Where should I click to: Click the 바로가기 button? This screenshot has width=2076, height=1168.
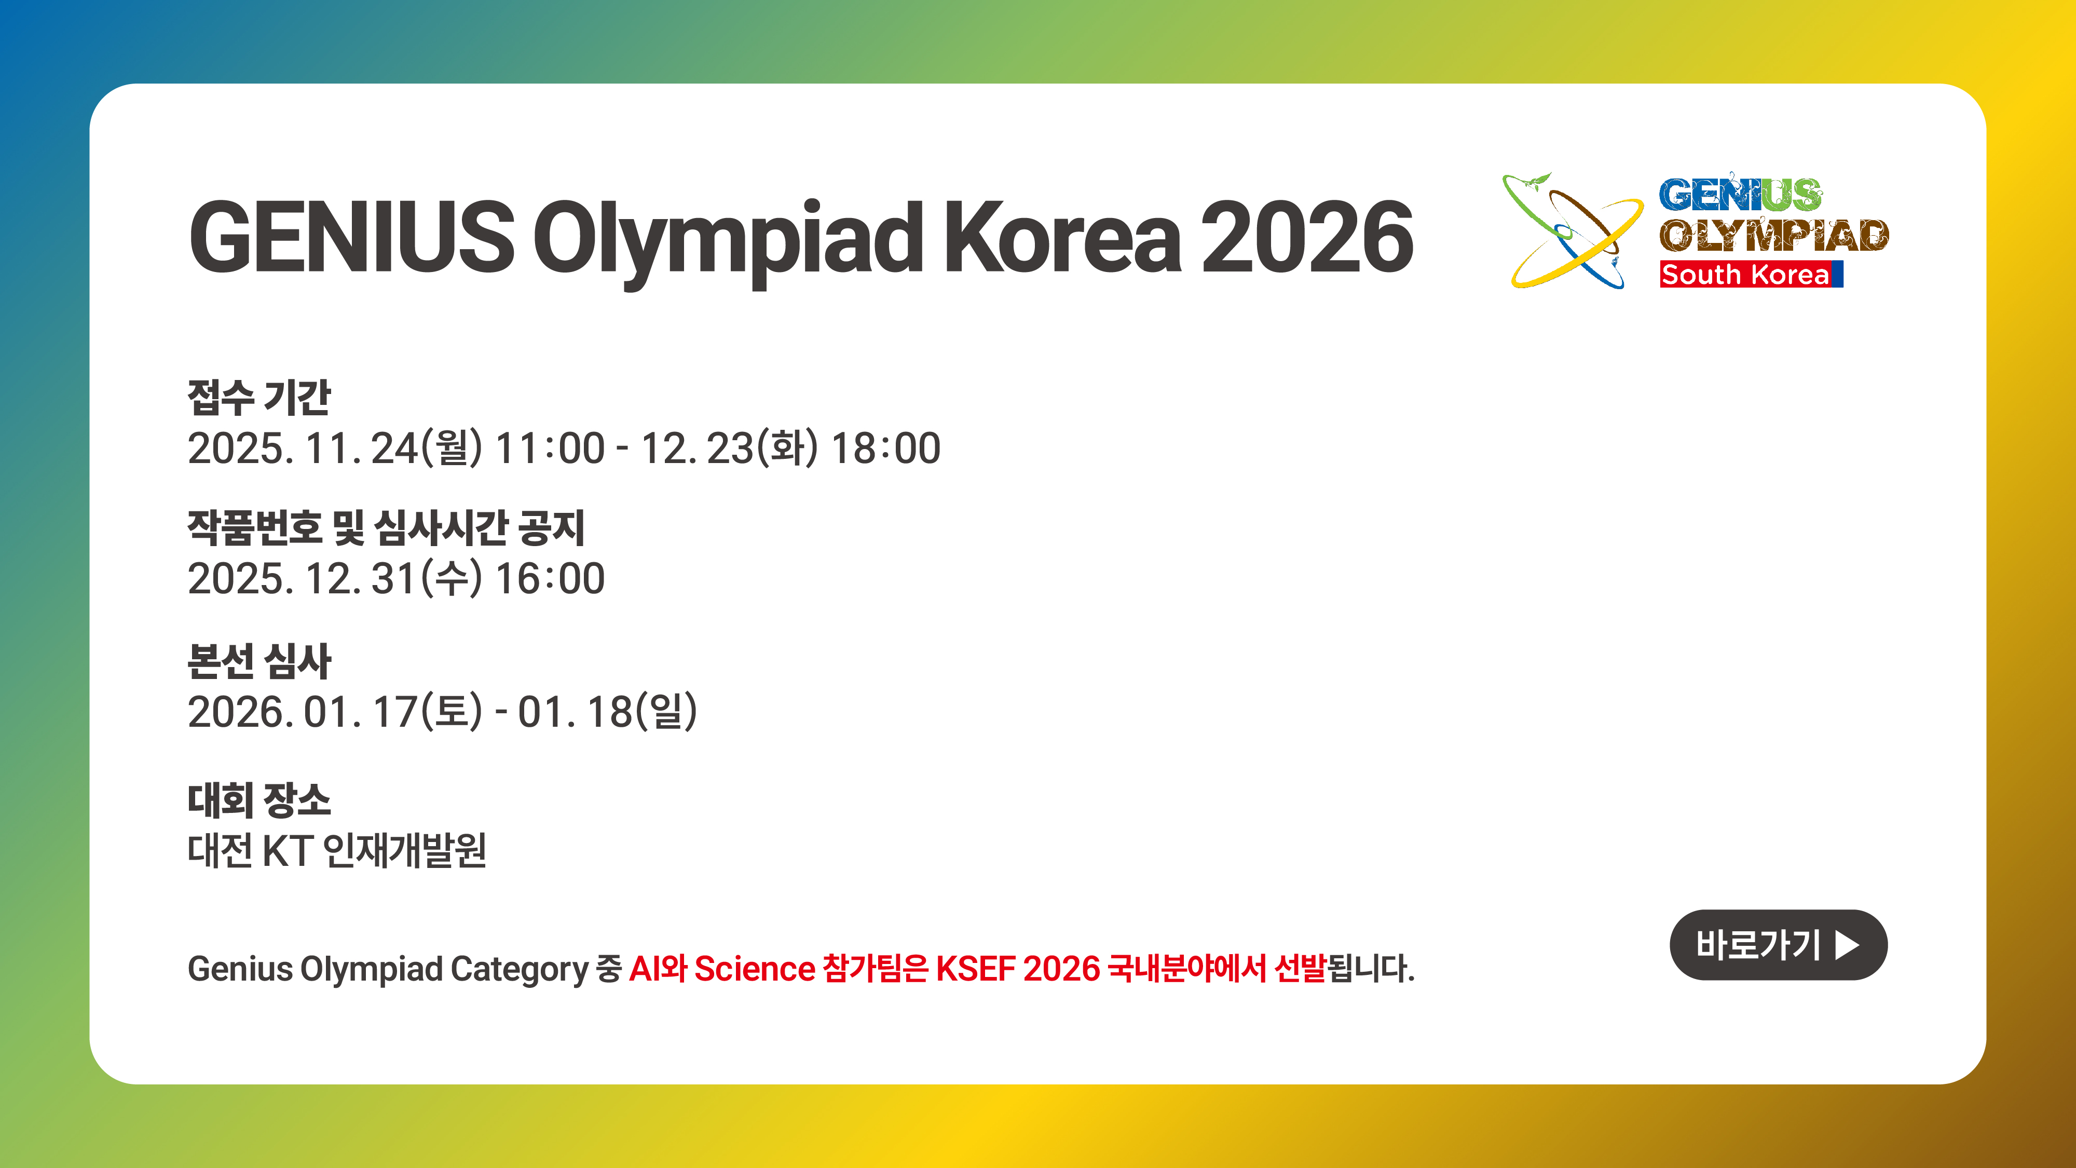[x=1778, y=945]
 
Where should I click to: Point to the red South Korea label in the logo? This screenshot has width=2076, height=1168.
[x=1751, y=274]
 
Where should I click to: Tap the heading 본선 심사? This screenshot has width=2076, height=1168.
[x=258, y=661]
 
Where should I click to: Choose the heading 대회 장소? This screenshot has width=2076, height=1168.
[x=258, y=799]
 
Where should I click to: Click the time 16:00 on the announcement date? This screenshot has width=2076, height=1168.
[x=550, y=579]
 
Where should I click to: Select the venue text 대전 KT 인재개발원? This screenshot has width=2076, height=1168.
[x=337, y=850]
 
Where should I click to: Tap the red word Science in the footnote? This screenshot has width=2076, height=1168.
[x=754, y=968]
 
